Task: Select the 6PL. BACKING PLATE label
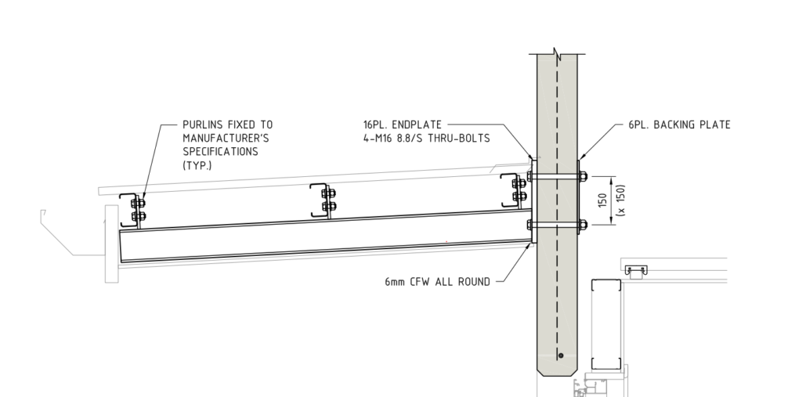point(679,125)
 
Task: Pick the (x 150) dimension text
point(620,200)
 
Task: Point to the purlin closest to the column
point(515,189)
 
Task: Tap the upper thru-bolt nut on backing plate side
point(583,176)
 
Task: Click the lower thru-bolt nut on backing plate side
point(583,226)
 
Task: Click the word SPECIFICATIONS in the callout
point(220,152)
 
